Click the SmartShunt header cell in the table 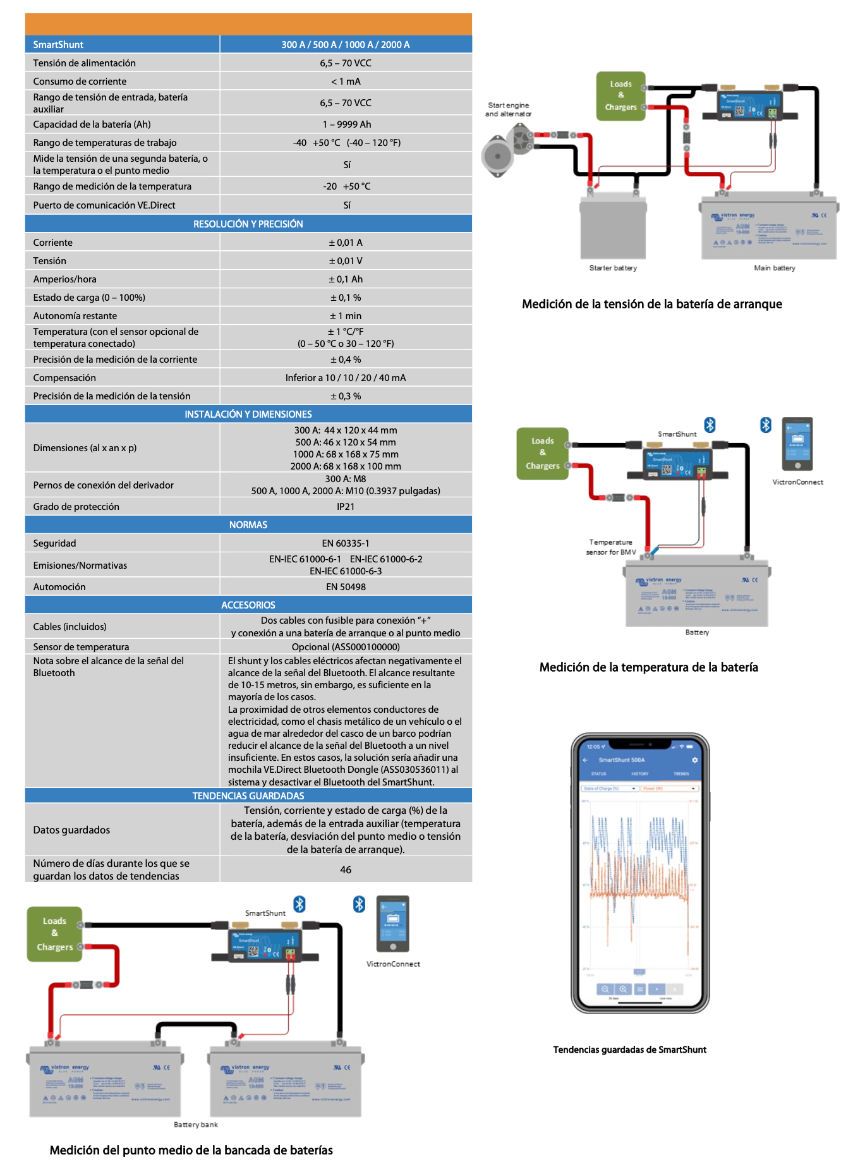click(58, 44)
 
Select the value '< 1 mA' click(346, 82)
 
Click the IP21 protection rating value click(346, 507)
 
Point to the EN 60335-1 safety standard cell click(346, 543)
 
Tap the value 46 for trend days click(346, 869)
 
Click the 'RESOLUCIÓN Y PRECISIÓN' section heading click(248, 224)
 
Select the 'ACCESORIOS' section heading click(248, 605)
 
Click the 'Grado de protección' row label click(76, 507)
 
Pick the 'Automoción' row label click(59, 587)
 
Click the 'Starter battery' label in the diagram click(613, 268)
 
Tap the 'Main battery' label click(774, 268)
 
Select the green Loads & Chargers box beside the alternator click(620, 95)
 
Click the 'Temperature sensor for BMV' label click(611, 547)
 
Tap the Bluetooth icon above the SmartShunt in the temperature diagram click(710, 425)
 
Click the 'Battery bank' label click(196, 1125)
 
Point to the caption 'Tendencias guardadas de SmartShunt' click(630, 1050)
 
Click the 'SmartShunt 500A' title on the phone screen click(622, 760)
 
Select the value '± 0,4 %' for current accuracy click(346, 360)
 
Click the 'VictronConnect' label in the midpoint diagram click(393, 964)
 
